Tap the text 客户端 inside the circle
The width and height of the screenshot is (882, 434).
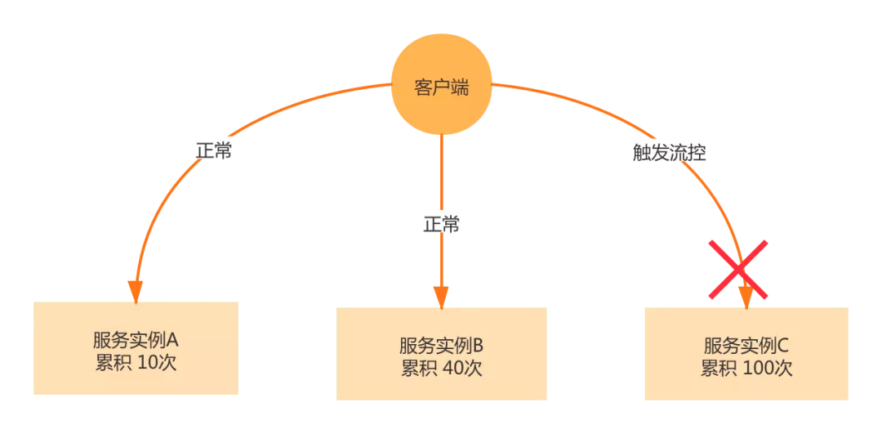point(441,87)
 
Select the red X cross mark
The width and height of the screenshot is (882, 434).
point(738,269)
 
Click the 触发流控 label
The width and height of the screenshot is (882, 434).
point(670,152)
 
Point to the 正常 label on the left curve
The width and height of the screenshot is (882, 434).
point(214,150)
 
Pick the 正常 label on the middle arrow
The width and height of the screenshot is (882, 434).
point(441,222)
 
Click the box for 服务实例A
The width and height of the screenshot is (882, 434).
point(136,348)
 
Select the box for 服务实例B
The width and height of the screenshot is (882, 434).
point(441,354)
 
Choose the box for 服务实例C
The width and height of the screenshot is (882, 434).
point(746,354)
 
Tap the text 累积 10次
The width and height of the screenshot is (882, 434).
point(136,362)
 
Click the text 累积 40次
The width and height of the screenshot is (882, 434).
point(441,368)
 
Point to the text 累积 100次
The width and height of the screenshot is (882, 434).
point(746,368)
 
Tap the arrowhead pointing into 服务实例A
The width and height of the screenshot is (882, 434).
point(136,291)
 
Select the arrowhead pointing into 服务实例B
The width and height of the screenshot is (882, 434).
point(441,297)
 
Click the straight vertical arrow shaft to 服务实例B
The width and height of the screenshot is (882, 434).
point(441,180)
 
